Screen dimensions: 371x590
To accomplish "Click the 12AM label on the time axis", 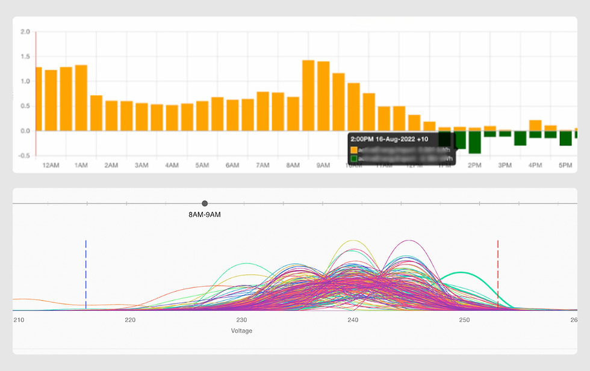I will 51,165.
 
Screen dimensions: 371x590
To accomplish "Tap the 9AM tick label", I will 323,165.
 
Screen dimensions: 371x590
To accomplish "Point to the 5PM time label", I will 565,165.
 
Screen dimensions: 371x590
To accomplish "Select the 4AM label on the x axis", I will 172,165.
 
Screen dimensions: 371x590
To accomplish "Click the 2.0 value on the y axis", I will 25,32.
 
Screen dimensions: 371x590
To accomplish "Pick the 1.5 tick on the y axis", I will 25,57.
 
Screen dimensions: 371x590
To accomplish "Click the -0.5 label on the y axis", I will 23,156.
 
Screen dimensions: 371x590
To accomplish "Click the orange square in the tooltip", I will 354,149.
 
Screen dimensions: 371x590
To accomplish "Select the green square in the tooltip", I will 354,159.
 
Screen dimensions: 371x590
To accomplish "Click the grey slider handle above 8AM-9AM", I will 205,204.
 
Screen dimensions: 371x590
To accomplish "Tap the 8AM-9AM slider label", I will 205,215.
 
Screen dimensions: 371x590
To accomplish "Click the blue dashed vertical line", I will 86,274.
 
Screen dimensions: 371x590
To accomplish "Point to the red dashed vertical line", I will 498,274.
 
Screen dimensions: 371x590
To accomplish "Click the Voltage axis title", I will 242,331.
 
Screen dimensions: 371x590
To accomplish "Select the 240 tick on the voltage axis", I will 353,320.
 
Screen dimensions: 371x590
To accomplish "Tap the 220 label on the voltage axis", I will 130,320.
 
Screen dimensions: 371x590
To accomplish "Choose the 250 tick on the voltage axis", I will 464,320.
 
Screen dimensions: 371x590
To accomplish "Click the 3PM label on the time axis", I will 505,165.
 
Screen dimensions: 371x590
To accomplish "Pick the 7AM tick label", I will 262,165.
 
